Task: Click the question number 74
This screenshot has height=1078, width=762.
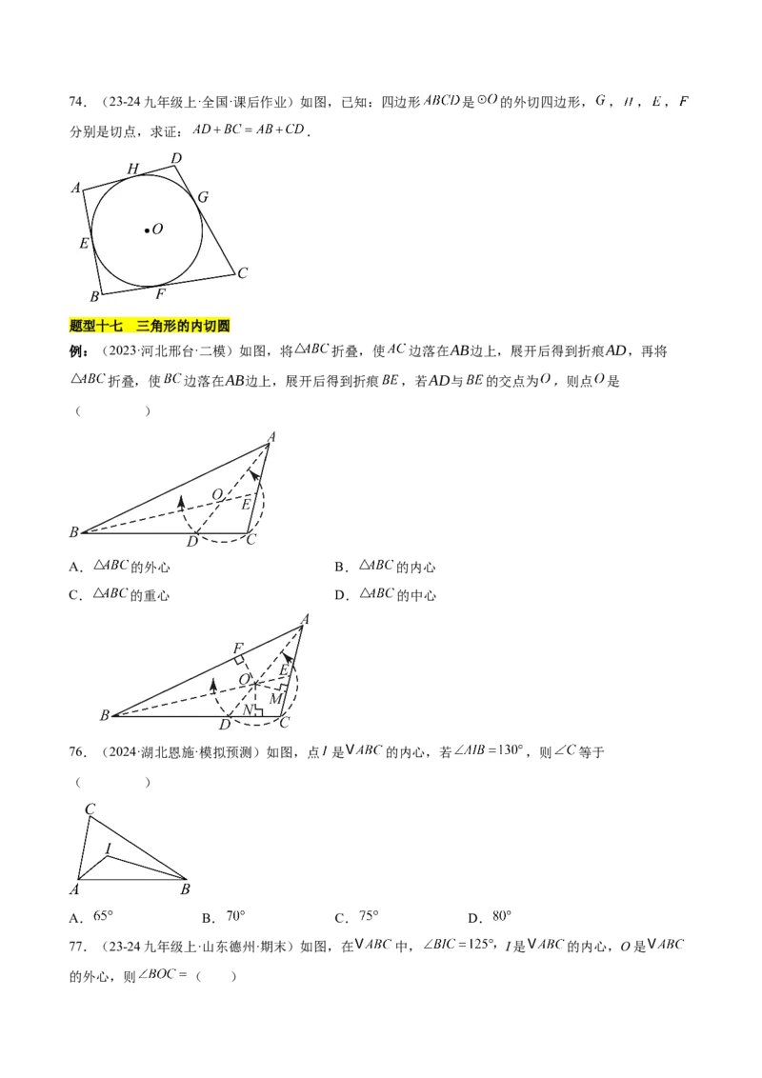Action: pos(77,103)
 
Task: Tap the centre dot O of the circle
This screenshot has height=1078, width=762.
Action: pos(147,230)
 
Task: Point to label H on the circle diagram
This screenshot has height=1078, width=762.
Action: pos(132,169)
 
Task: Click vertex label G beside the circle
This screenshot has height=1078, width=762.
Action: pos(203,197)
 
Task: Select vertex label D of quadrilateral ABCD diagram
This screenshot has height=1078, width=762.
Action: pos(177,159)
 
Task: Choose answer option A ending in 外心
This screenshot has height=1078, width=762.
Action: pos(120,568)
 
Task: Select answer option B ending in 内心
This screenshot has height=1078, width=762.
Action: pos(385,568)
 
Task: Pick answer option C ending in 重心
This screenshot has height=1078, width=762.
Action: pos(120,594)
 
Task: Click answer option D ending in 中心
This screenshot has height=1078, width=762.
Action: pos(385,594)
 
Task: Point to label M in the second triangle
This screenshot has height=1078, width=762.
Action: pos(276,698)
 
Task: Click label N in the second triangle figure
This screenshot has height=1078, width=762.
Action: pos(248,709)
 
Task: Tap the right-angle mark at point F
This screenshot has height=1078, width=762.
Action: pos(239,660)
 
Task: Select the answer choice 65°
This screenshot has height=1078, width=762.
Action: pos(103,916)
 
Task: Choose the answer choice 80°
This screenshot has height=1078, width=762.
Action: pos(501,916)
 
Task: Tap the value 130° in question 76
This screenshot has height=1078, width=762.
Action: pos(511,750)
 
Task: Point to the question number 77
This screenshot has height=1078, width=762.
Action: pos(77,947)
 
